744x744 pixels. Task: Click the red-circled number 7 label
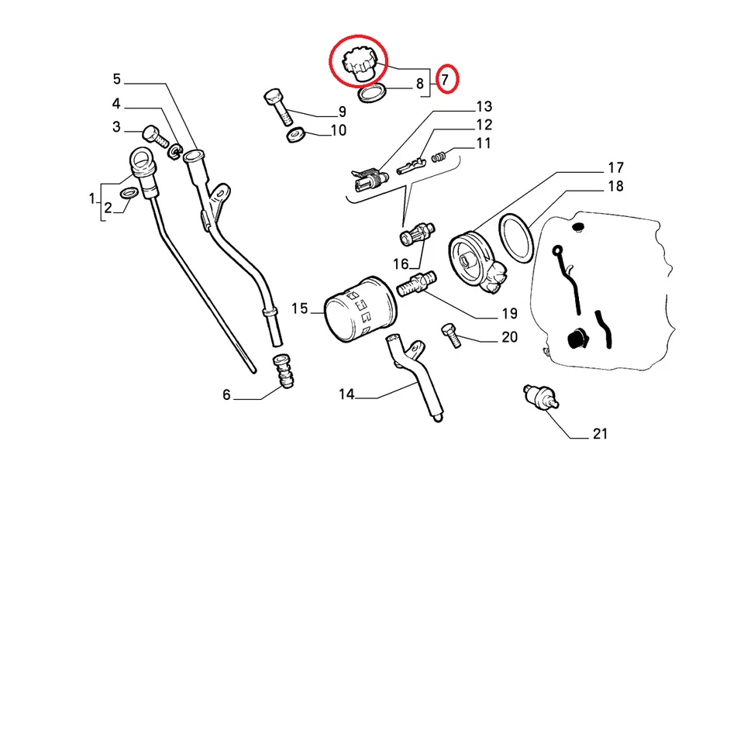tap(446, 79)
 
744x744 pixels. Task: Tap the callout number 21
tap(600, 434)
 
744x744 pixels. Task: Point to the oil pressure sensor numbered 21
tap(539, 397)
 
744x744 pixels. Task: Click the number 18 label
tap(615, 187)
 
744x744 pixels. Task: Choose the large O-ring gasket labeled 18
tap(516, 236)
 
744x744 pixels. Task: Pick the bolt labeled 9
tap(277, 108)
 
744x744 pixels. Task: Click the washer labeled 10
tap(295, 136)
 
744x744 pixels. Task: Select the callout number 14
tap(346, 395)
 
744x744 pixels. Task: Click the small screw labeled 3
tap(156, 139)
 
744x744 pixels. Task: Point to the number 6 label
tap(226, 395)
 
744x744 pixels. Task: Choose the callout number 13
tap(484, 106)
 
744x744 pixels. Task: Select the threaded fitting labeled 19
tap(416, 284)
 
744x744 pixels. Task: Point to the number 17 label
tap(615, 168)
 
